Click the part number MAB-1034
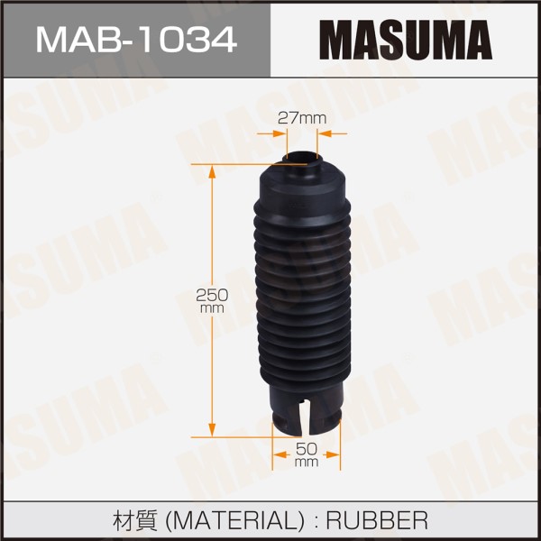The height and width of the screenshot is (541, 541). click(136, 41)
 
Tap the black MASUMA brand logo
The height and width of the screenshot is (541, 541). click(406, 40)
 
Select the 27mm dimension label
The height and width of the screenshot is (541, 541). click(302, 118)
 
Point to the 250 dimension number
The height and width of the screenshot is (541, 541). click(212, 295)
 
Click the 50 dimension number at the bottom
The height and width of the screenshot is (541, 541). click(307, 449)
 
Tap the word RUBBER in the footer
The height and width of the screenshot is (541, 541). click(377, 520)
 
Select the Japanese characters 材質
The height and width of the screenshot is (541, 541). click(135, 520)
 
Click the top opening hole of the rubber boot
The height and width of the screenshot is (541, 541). click(303, 158)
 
